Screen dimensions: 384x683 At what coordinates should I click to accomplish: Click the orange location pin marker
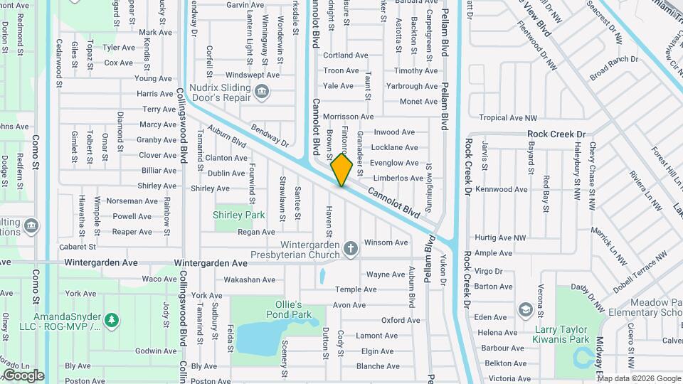(341, 170)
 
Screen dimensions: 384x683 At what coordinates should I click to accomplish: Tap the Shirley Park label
(238, 215)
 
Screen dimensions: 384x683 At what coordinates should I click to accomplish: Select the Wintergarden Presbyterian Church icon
(350, 248)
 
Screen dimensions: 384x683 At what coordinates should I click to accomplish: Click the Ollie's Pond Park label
(294, 309)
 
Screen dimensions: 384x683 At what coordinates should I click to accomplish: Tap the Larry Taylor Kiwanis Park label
(561, 334)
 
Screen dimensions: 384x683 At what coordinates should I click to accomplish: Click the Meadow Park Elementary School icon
(525, 309)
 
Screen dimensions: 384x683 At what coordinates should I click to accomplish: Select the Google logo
(23, 375)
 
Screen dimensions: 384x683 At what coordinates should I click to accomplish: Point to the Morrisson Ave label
(348, 117)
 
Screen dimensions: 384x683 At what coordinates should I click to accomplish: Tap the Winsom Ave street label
(386, 242)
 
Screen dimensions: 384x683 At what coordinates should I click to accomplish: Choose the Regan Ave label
(256, 232)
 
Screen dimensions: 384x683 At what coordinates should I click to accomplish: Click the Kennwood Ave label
(502, 190)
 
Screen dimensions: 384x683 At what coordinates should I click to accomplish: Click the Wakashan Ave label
(249, 280)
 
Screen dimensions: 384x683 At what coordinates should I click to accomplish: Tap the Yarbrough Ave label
(412, 86)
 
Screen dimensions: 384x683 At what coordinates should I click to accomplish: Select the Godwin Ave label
(155, 351)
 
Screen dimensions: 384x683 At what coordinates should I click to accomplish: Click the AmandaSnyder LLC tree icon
(111, 320)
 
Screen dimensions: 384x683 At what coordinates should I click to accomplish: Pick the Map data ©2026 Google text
(628, 378)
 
